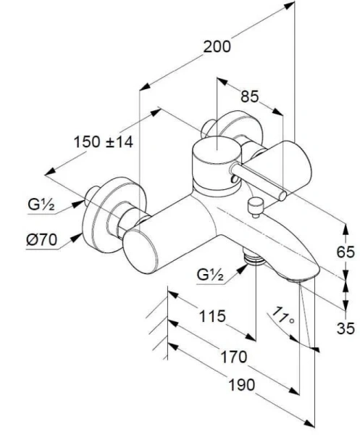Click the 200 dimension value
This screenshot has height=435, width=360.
(x=217, y=47)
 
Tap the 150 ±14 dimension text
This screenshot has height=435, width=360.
(x=104, y=143)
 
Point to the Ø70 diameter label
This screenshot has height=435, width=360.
(x=43, y=239)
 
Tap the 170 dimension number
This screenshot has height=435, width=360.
(x=233, y=357)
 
